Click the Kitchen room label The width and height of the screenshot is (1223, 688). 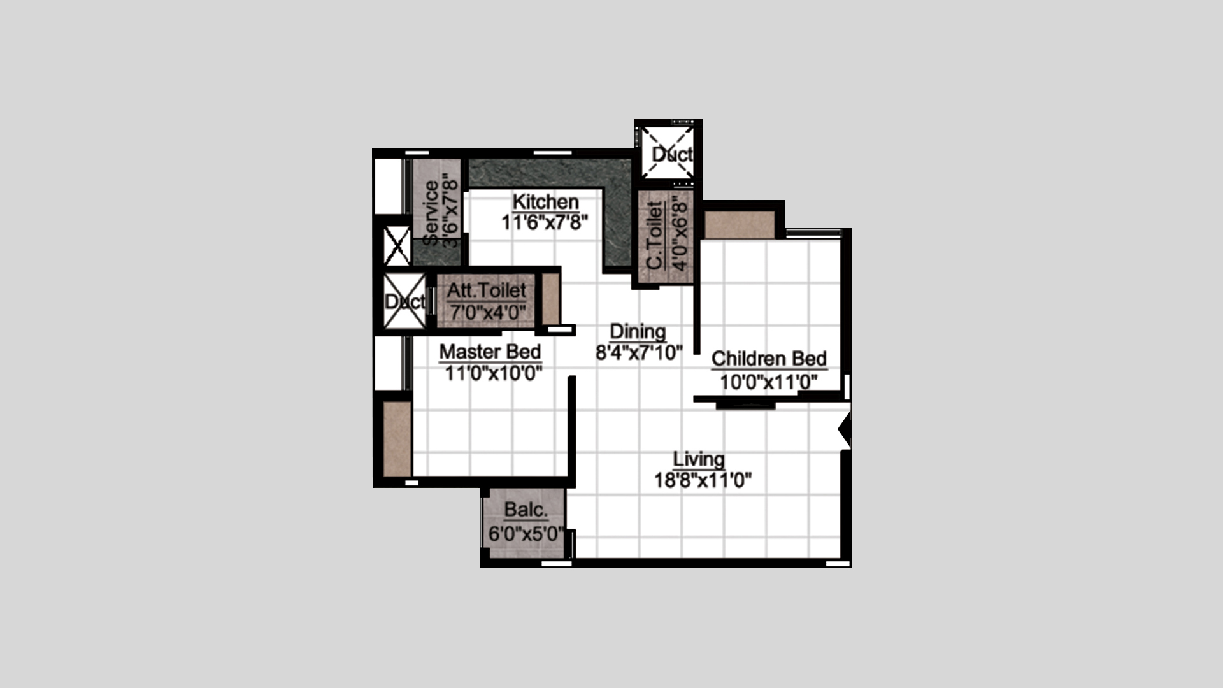coord(546,202)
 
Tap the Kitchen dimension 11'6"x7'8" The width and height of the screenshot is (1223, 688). coord(545,222)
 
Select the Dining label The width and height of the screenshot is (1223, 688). coord(638,331)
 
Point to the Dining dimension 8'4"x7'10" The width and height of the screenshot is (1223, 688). coord(639,352)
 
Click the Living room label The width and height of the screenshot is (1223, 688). coord(699,459)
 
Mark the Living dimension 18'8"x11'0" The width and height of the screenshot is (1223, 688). coord(703,480)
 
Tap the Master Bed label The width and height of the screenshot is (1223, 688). coord(490,352)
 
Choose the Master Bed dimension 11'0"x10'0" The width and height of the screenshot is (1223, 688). coord(493,373)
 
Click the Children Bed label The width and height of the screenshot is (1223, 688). coord(769,359)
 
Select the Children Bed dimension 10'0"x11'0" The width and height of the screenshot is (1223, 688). coord(769,382)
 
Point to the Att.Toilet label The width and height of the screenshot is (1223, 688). coord(486,290)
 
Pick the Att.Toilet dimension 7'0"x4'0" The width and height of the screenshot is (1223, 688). coord(487,313)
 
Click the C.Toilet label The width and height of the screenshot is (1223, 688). coord(655,236)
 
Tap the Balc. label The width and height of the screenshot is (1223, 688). coord(526,510)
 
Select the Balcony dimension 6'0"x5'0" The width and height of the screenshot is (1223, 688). coord(526,533)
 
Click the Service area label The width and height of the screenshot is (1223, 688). coord(431,213)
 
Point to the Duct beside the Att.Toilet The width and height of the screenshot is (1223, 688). coord(404,301)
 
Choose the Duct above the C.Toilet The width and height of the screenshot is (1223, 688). coord(667,153)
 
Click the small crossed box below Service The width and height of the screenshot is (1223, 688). coord(397,246)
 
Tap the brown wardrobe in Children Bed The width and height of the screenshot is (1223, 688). coord(740,225)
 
